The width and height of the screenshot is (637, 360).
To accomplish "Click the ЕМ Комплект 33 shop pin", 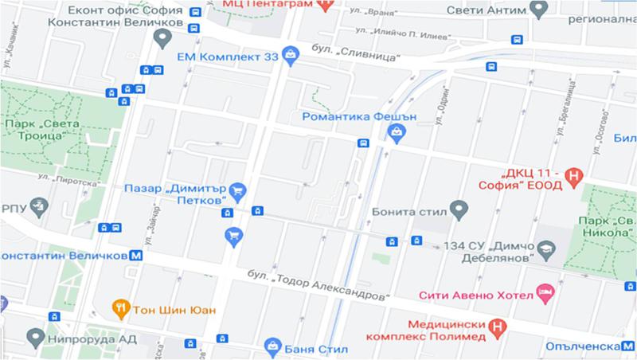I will (x=291, y=56).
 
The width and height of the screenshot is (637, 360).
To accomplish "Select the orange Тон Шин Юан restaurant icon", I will (x=120, y=308).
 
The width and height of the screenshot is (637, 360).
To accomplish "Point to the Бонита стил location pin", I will (x=458, y=211).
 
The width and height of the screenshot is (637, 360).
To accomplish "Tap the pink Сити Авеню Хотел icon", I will (x=545, y=294).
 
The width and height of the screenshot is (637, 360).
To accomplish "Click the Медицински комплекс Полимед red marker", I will (x=498, y=325).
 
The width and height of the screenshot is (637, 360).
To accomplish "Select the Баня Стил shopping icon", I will (x=272, y=347).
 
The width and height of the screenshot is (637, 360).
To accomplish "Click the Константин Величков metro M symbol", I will (x=136, y=256).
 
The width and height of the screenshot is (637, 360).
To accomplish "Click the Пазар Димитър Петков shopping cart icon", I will (x=237, y=190).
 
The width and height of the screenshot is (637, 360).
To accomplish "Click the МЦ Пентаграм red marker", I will (x=323, y=4).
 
